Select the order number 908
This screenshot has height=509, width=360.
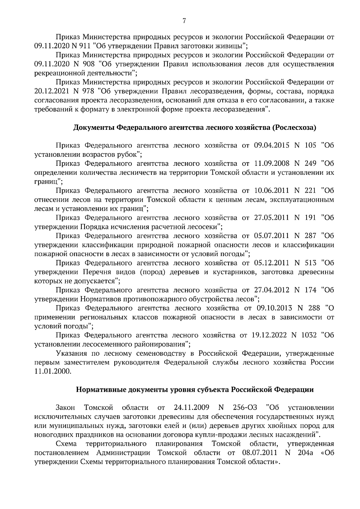[x=89, y=64]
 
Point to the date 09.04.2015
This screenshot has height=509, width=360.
[x=271, y=145]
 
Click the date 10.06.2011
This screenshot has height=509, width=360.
[x=271, y=190]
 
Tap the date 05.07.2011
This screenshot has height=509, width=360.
[x=271, y=236]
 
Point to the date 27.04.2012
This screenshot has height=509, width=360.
[x=271, y=290]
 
